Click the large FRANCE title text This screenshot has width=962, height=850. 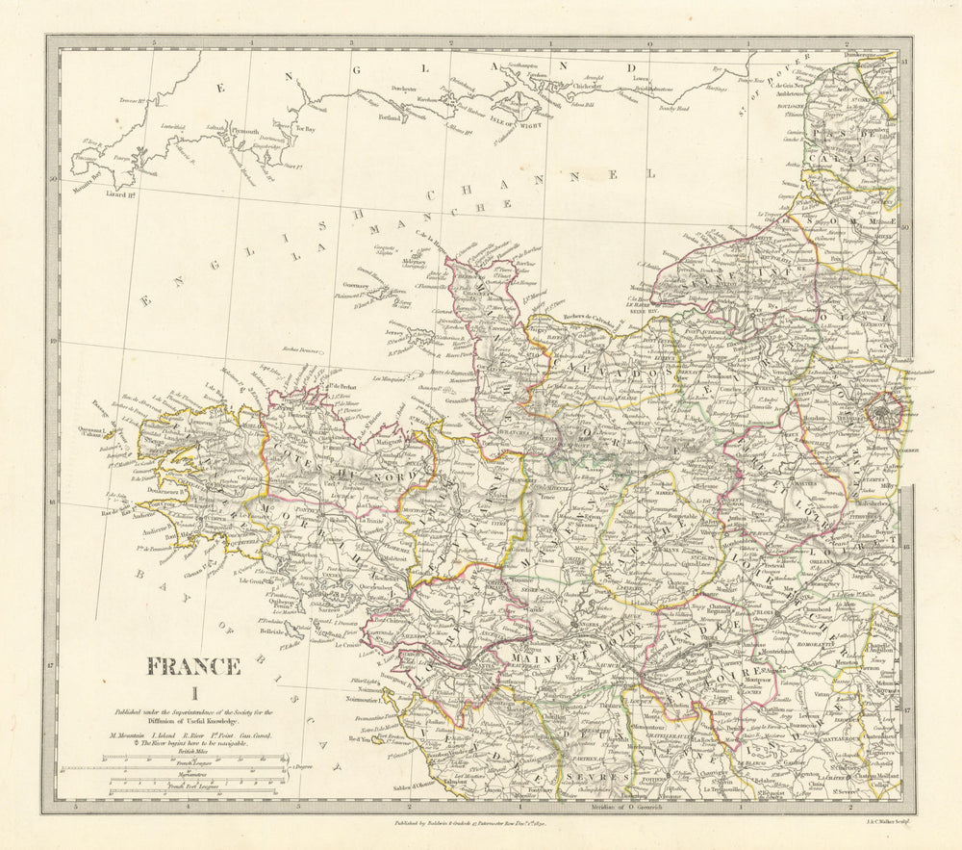(193, 666)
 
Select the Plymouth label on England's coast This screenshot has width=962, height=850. (246, 131)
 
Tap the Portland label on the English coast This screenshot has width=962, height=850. (389, 118)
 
